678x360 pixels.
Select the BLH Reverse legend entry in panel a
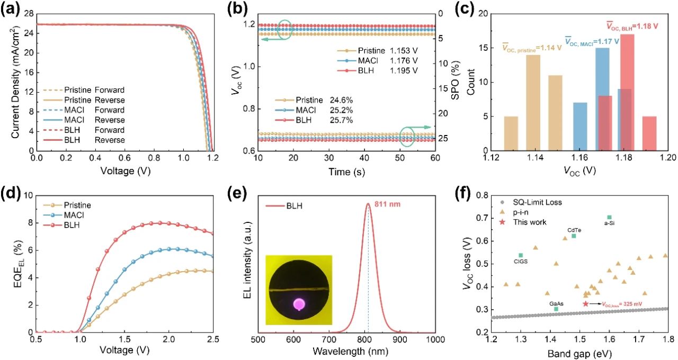95,140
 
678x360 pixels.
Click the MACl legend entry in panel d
75,215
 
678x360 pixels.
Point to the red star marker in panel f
585,303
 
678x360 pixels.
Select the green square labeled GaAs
556,309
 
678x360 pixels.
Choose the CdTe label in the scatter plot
573,230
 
